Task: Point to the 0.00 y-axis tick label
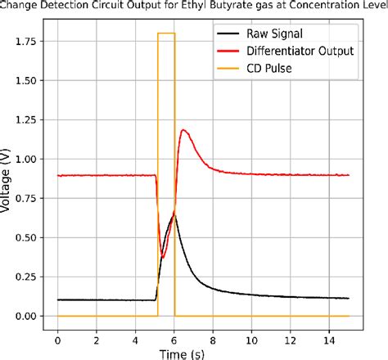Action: pos(25,316)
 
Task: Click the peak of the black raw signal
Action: pos(174,214)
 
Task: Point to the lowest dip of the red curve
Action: pos(163,258)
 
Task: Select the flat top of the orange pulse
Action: pos(166,33)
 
